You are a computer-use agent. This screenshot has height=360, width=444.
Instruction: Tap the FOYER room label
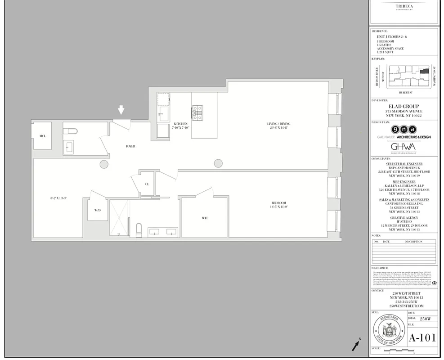(130, 146)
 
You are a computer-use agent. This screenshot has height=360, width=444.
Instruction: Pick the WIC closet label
(205, 218)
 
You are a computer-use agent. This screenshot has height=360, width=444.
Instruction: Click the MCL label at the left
(42, 135)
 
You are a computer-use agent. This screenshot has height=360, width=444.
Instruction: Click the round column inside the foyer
(103, 164)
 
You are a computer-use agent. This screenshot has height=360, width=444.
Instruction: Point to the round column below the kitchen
(218, 163)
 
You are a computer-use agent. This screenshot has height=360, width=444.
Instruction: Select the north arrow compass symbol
(356, 345)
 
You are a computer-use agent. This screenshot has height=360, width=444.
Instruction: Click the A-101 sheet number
(422, 337)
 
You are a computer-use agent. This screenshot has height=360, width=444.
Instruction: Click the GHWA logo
(403, 147)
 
